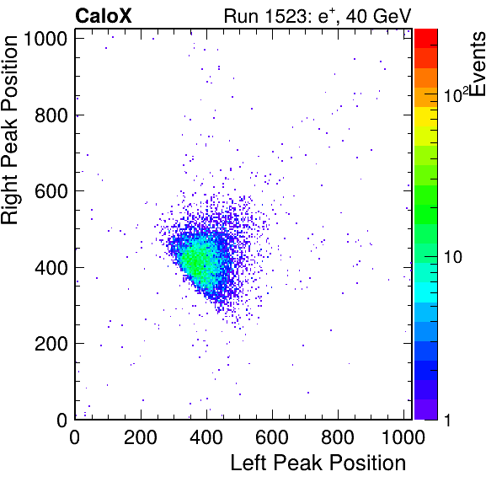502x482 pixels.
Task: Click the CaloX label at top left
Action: (x=103, y=16)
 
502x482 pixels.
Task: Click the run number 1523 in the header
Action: (x=286, y=16)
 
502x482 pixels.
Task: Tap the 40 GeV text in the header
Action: (x=378, y=16)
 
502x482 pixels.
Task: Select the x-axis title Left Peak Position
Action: (x=318, y=463)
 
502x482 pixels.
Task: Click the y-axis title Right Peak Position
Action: (x=9, y=130)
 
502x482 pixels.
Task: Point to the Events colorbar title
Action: (x=478, y=64)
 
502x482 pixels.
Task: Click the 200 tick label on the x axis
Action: (x=141, y=436)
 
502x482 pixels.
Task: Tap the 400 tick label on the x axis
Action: (x=206, y=436)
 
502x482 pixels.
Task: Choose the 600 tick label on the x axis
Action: (x=272, y=436)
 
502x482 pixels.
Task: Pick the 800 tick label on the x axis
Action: (x=338, y=436)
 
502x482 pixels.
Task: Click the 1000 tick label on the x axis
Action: (x=403, y=436)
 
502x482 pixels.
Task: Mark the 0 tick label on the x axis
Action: (x=75, y=436)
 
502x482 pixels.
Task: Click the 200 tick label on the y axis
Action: (x=51, y=344)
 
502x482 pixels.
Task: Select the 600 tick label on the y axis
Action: (x=51, y=191)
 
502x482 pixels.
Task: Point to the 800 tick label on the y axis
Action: (x=51, y=115)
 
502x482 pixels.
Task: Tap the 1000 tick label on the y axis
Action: (x=46, y=39)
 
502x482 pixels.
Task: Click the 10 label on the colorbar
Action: (x=452, y=257)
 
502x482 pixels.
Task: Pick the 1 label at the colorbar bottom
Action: (x=447, y=420)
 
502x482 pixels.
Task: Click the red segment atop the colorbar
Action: (x=426, y=39)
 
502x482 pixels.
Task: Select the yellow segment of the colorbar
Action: (x=426, y=116)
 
